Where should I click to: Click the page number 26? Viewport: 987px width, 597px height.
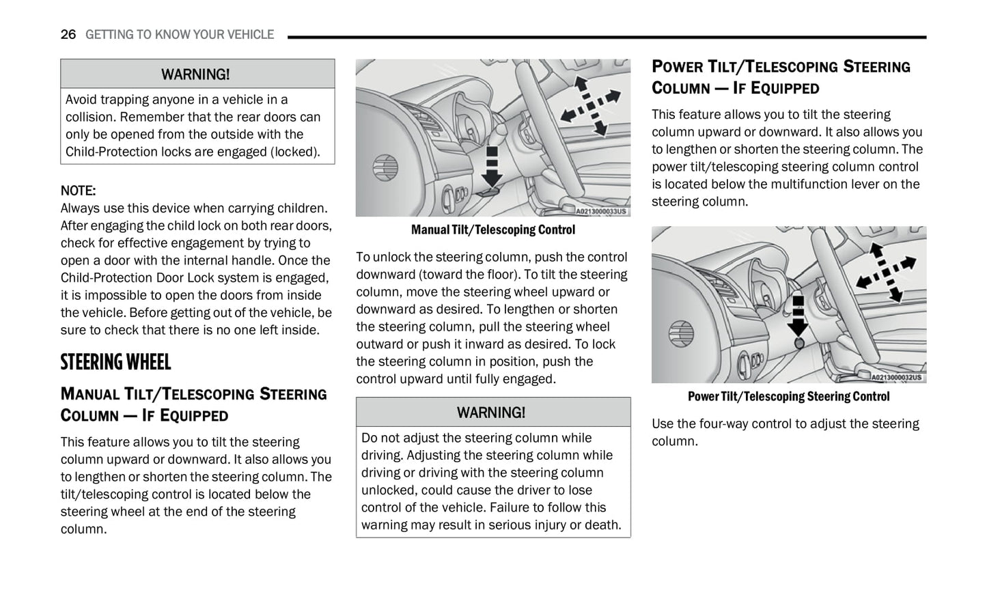coord(68,34)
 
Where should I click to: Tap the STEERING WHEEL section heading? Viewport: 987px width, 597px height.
coord(115,362)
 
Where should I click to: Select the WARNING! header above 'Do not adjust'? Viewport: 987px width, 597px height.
coord(491,413)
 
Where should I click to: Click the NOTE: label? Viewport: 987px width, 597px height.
coord(78,191)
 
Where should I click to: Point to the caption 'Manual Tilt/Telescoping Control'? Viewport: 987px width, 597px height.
coord(492,230)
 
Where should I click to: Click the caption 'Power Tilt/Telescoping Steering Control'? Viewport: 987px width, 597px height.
coord(788,396)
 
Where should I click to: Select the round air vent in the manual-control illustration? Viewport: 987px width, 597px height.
coord(385,167)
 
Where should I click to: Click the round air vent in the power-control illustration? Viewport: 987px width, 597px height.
coord(681,333)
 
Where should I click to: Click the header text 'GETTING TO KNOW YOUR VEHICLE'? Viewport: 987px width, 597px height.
coord(180,34)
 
